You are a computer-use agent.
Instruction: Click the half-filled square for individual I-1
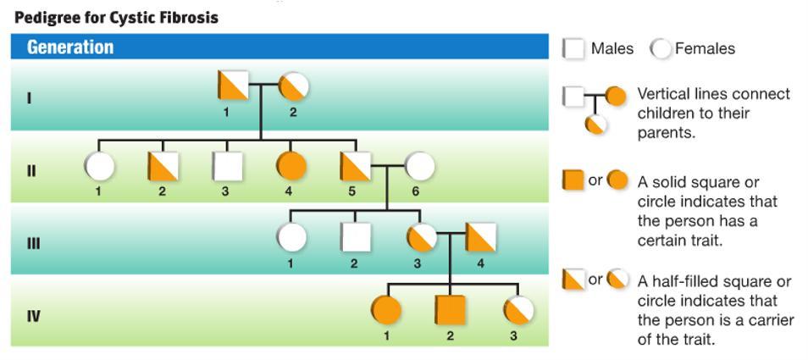point(233,86)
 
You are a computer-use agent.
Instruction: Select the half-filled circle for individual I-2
point(294,86)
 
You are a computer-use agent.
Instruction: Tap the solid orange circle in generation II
point(290,166)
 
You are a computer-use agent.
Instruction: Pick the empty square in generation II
point(227,166)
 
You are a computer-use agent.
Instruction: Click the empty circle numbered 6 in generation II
point(419,167)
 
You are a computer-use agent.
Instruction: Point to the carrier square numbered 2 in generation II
point(163,166)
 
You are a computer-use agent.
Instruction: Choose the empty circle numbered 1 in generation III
point(292,239)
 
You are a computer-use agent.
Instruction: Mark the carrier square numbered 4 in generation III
point(481,239)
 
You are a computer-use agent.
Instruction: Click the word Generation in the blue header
point(70,47)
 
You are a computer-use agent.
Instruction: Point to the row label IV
point(31,317)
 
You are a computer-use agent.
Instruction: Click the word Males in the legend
point(612,49)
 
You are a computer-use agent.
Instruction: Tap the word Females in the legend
point(705,49)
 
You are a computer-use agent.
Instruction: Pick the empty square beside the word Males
point(574,49)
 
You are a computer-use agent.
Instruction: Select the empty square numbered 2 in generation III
point(356,239)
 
